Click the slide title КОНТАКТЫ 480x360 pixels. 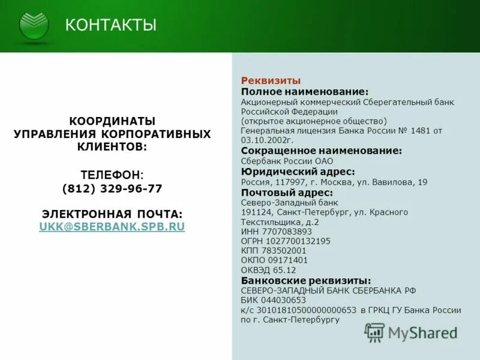tap(110, 25)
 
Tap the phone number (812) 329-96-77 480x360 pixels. tap(112, 188)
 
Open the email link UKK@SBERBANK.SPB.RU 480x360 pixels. tap(112, 227)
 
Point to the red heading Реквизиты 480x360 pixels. tap(271, 80)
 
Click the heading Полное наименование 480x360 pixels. tap(304, 91)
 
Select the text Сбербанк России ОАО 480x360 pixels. tap(287, 161)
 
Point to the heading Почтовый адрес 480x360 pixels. tap(286, 193)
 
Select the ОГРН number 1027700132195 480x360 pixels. tap(297, 241)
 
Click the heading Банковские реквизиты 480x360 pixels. tap(305, 281)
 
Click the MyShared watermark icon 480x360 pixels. tap(375, 332)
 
